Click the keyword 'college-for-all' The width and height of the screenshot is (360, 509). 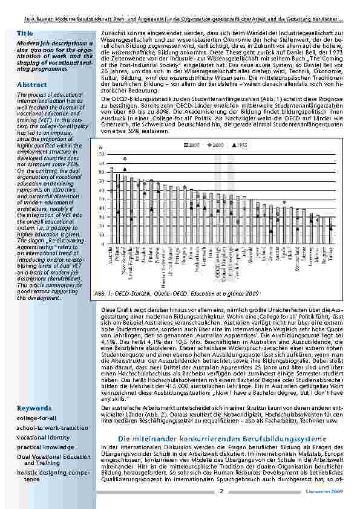tap(37, 401)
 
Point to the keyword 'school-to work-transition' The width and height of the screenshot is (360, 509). tap(51, 410)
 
